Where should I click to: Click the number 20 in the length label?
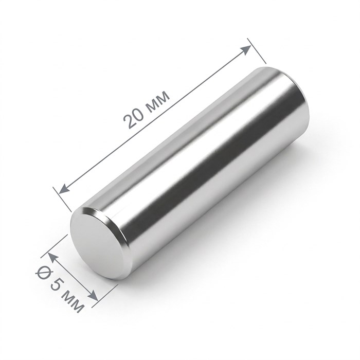tap(134, 118)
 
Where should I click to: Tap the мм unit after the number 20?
tap(158, 101)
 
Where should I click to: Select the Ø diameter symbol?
tap(43, 273)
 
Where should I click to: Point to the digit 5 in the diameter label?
tap(56, 284)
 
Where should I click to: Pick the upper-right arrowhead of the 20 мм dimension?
tap(246, 49)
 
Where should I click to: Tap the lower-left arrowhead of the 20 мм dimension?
tap(64, 189)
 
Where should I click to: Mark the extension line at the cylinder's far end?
tap(257, 51)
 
